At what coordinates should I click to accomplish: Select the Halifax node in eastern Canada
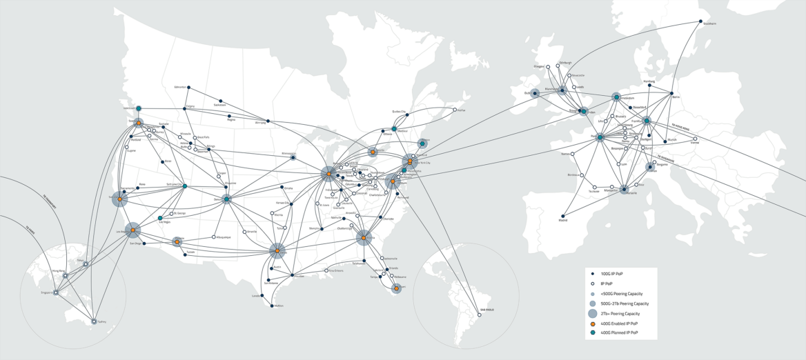click(455, 110)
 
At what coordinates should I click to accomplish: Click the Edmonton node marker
click(189, 88)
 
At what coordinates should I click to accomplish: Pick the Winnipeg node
click(268, 121)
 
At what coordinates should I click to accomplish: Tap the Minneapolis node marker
click(293, 158)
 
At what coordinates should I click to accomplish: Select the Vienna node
click(695, 139)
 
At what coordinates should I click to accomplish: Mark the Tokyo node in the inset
click(86, 264)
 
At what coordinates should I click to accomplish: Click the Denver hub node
click(226, 199)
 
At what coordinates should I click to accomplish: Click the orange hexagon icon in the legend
click(593, 323)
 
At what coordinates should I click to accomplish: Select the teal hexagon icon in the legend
click(593, 332)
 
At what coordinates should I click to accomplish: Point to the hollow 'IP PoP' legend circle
click(593, 283)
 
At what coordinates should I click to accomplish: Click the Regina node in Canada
click(230, 116)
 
